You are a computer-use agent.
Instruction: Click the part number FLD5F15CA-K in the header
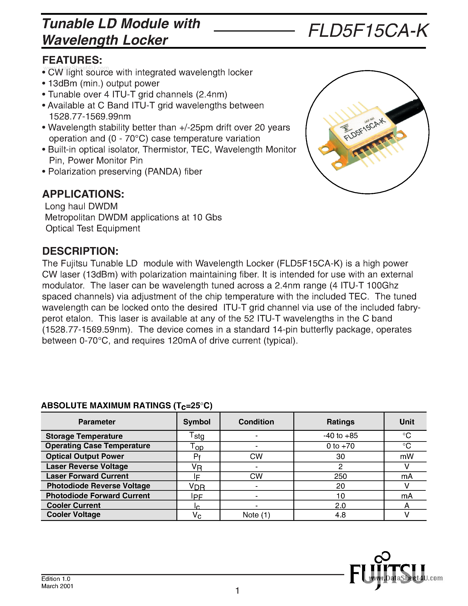(x=368, y=31)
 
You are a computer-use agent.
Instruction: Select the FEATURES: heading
(x=72, y=60)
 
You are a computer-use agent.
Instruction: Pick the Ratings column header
(x=340, y=422)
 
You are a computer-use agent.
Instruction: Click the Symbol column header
(x=197, y=422)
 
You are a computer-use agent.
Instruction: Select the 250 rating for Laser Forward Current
(x=340, y=476)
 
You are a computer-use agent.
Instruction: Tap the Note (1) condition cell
(x=256, y=515)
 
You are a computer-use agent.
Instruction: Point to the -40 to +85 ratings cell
(x=340, y=436)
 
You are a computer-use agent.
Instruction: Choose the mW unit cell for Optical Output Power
(x=407, y=456)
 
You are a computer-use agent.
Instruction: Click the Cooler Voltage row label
(x=74, y=514)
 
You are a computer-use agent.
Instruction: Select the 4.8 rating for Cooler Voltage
(x=340, y=515)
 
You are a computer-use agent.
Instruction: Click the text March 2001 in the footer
(x=57, y=586)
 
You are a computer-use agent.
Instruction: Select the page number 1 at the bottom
(x=237, y=591)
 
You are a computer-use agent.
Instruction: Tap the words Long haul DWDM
(x=81, y=206)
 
